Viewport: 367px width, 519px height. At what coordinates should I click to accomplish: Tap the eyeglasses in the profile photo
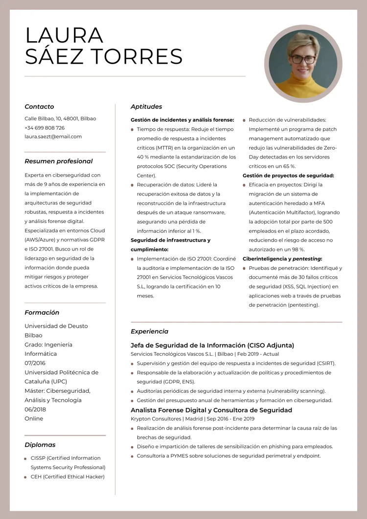pyautogui.click(x=303, y=59)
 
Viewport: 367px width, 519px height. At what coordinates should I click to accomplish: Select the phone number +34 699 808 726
pyautogui.click(x=45, y=128)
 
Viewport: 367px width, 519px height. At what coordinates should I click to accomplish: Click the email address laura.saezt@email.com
pyautogui.click(x=53, y=136)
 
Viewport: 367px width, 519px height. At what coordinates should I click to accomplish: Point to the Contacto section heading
pyautogui.click(x=39, y=107)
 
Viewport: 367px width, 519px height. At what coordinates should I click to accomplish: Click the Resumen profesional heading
pyautogui.click(x=58, y=161)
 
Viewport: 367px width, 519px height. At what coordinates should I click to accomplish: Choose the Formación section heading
pyautogui.click(x=42, y=313)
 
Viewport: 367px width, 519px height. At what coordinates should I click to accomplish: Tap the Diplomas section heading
pyautogui.click(x=40, y=445)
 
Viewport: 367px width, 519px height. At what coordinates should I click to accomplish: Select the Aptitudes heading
pyautogui.click(x=146, y=107)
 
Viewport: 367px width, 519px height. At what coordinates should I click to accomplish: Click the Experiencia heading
pyautogui.click(x=149, y=331)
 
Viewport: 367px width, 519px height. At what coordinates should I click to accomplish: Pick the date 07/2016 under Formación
pyautogui.click(x=35, y=363)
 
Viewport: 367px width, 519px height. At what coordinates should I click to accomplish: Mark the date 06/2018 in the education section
pyautogui.click(x=35, y=409)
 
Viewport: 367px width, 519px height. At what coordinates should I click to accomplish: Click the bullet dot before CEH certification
pyautogui.click(x=25, y=477)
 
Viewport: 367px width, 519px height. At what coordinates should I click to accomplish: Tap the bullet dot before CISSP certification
pyautogui.click(x=25, y=458)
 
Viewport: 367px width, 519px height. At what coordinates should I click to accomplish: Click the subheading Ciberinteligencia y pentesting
pyautogui.click(x=282, y=259)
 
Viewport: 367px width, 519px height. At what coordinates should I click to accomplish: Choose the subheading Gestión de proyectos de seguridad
pyautogui.click(x=288, y=175)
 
